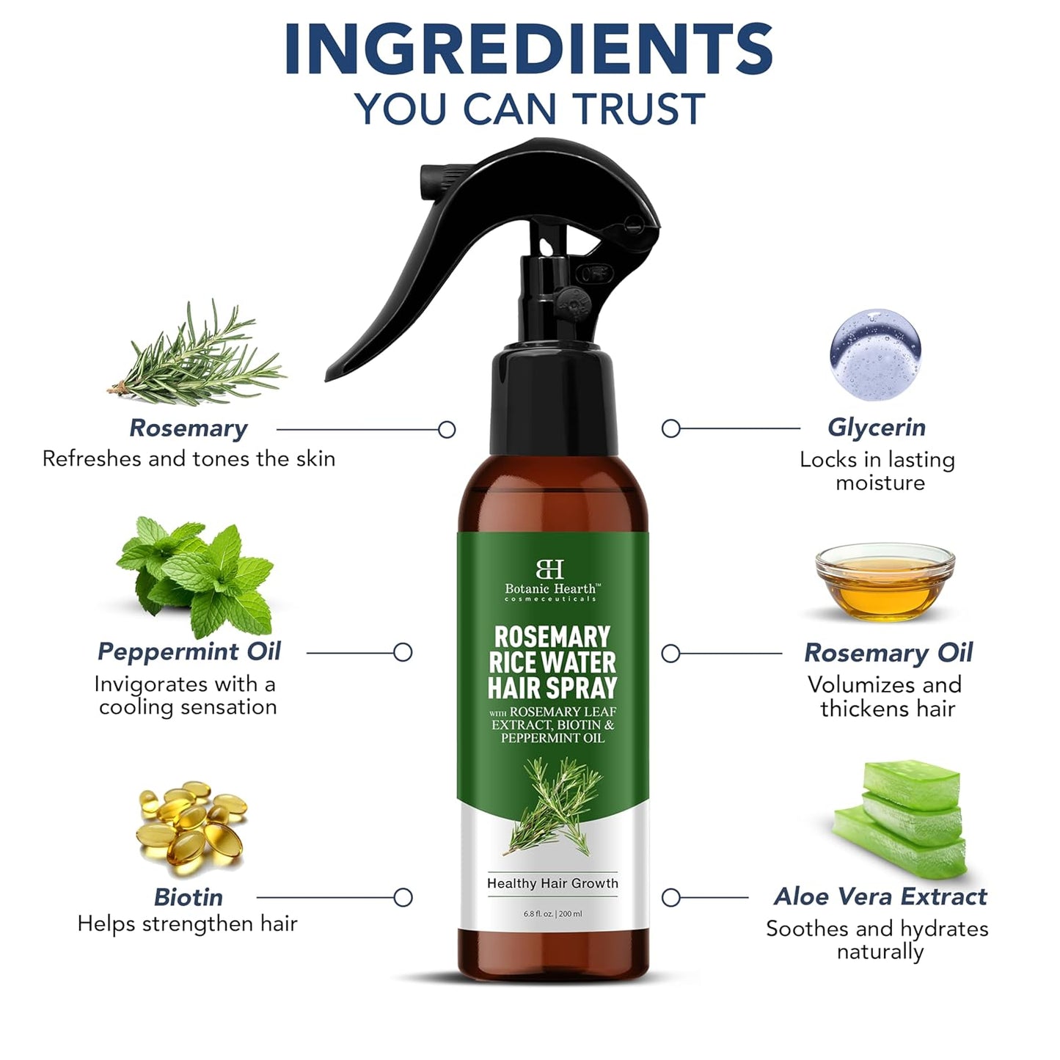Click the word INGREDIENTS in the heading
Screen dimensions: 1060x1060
(529, 50)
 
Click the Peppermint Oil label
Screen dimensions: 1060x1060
(189, 651)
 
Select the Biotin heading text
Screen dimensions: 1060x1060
(189, 896)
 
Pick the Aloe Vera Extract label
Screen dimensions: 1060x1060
(880, 896)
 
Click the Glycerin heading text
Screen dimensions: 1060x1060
(877, 427)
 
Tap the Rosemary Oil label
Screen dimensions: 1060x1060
(888, 652)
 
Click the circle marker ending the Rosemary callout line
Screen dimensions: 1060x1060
(447, 430)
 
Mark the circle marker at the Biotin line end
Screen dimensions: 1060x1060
(403, 897)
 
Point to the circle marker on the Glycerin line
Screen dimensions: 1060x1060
(670, 429)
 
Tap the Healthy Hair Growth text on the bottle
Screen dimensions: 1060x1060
(552, 883)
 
